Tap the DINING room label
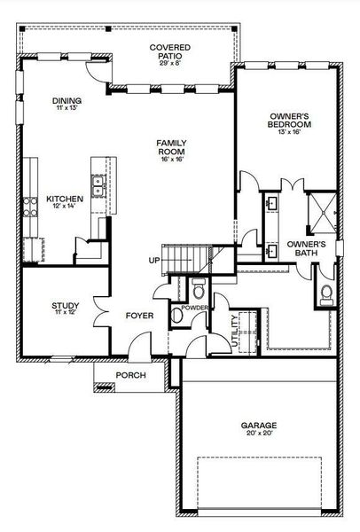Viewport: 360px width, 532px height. (67, 101)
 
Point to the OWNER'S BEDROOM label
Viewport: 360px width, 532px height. (289, 120)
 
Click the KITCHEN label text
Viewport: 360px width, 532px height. (64, 199)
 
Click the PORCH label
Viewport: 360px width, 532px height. (133, 375)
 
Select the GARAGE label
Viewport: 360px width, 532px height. (259, 426)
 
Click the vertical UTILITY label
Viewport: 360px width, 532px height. (234, 332)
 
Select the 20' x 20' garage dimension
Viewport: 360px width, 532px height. (259, 435)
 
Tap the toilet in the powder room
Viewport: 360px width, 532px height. (198, 288)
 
